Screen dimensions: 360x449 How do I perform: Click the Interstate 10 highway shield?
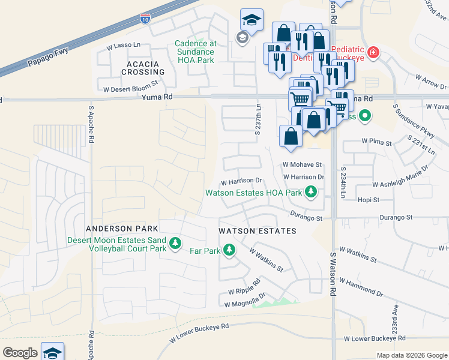click(x=145, y=18)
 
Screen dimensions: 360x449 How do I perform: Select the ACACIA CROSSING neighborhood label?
click(x=143, y=68)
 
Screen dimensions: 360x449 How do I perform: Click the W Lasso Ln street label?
click(x=123, y=46)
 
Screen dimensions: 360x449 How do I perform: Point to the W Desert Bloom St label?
click(x=130, y=88)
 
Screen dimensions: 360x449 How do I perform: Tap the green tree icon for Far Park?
click(x=229, y=250)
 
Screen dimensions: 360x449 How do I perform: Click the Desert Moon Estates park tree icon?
click(x=175, y=244)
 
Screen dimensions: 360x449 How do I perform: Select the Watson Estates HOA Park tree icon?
click(x=310, y=193)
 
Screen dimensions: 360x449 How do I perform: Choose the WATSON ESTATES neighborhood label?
click(x=257, y=231)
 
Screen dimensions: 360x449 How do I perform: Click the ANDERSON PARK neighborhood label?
click(x=122, y=229)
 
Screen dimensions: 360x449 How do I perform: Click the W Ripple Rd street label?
click(x=244, y=287)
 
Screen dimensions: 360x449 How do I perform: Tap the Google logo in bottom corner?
click(x=20, y=353)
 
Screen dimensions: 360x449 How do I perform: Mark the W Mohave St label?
click(x=303, y=164)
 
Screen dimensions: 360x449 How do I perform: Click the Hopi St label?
click(x=369, y=199)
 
